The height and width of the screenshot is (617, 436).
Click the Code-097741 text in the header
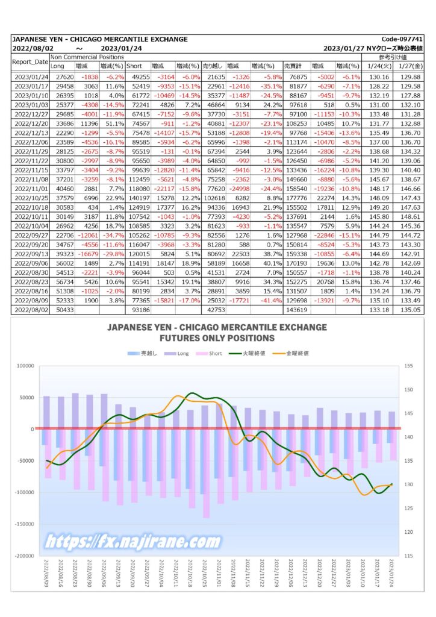pyautogui.click(x=402, y=39)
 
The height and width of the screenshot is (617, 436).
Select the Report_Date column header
pyautogui.click(x=30, y=62)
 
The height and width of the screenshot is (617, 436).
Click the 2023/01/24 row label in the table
pyautogui.click(x=31, y=77)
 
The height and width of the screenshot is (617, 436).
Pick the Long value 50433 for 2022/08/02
pyautogui.click(x=65, y=310)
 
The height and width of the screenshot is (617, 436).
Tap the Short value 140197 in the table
pyautogui.click(x=139, y=198)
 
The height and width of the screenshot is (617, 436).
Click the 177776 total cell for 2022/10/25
pyautogui.click(x=296, y=198)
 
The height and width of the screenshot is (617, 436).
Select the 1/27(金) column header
pyautogui.click(x=411, y=66)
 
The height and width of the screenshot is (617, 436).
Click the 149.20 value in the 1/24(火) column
pyautogui.click(x=379, y=207)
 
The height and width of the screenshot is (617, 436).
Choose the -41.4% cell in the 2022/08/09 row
pyautogui.click(x=271, y=301)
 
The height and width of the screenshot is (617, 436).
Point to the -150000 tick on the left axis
pyautogui.click(x=24, y=524)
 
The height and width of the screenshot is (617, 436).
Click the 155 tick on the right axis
pyautogui.click(x=408, y=366)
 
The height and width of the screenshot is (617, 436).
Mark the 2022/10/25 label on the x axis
pyautogui.click(x=204, y=574)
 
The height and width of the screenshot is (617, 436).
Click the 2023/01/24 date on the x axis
pyautogui.click(x=391, y=574)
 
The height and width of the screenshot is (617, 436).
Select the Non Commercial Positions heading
pyautogui.click(x=87, y=57)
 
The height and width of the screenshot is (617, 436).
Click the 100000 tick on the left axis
pyautogui.click(x=25, y=366)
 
